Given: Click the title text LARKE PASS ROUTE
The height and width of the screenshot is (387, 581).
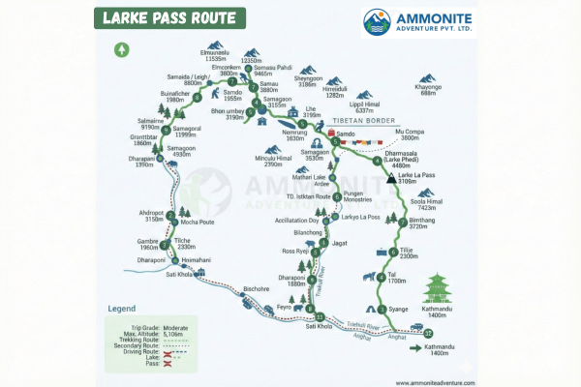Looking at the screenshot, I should (168, 18).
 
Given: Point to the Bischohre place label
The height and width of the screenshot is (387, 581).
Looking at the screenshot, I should (256, 289).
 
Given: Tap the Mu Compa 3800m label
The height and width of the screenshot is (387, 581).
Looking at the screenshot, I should (411, 134).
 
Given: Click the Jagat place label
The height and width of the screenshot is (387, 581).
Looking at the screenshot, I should (339, 245).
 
